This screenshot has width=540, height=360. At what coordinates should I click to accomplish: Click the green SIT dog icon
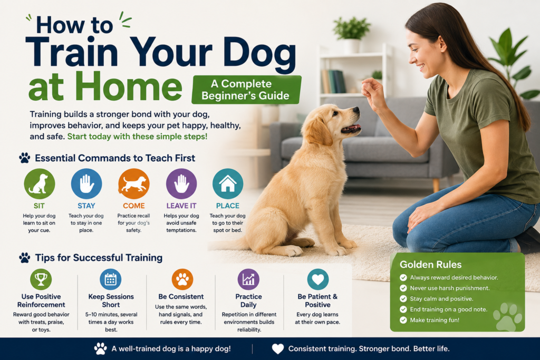39,184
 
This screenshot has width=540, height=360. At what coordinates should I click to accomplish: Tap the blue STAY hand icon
86,184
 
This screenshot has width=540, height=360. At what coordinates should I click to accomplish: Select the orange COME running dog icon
133,184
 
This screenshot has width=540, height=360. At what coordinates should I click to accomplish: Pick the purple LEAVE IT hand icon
181,184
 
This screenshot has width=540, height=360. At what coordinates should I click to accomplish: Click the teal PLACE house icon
228,184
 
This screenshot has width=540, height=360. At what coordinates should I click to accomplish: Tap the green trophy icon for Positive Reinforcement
41,279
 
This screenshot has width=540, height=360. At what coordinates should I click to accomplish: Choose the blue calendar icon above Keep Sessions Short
111,279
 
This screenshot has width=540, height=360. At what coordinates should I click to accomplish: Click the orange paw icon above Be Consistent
182,279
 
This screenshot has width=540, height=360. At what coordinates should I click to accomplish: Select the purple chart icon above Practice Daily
248,279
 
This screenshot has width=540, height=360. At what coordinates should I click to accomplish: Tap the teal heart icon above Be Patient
318,279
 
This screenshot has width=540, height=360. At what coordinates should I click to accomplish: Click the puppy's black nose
356,111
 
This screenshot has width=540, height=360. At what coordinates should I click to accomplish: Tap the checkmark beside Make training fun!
403,320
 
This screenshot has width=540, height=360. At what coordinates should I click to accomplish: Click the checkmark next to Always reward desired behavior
403,277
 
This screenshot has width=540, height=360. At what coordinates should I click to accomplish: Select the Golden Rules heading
430,264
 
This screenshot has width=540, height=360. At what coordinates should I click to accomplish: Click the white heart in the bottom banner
278,349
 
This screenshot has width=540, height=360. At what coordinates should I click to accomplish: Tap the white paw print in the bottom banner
101,348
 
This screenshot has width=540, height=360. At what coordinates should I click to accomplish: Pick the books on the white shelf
333,82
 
